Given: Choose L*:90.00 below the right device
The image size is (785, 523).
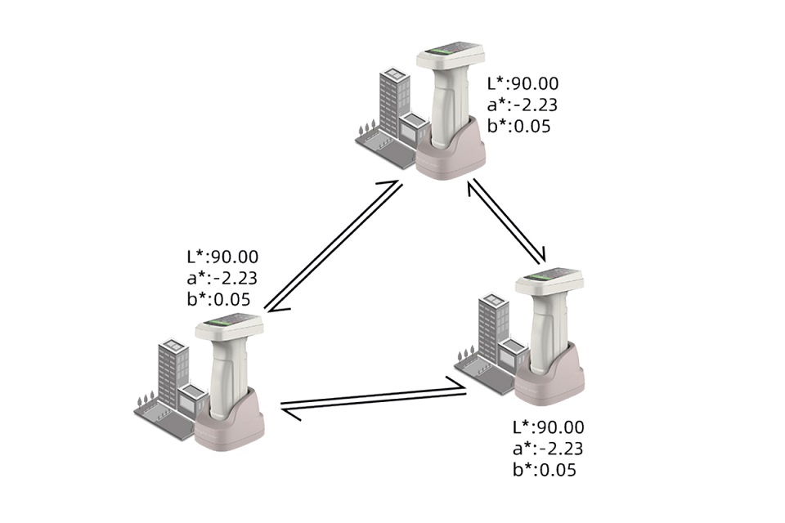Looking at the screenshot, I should [549, 427].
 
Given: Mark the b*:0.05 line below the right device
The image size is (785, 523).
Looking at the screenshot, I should [545, 470].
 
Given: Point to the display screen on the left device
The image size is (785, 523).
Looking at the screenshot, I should [229, 326].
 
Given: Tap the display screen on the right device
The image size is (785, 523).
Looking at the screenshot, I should [549, 279].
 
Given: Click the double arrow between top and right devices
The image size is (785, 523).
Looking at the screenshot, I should [506, 222].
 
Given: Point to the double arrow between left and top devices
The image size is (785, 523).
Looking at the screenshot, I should [334, 246].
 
